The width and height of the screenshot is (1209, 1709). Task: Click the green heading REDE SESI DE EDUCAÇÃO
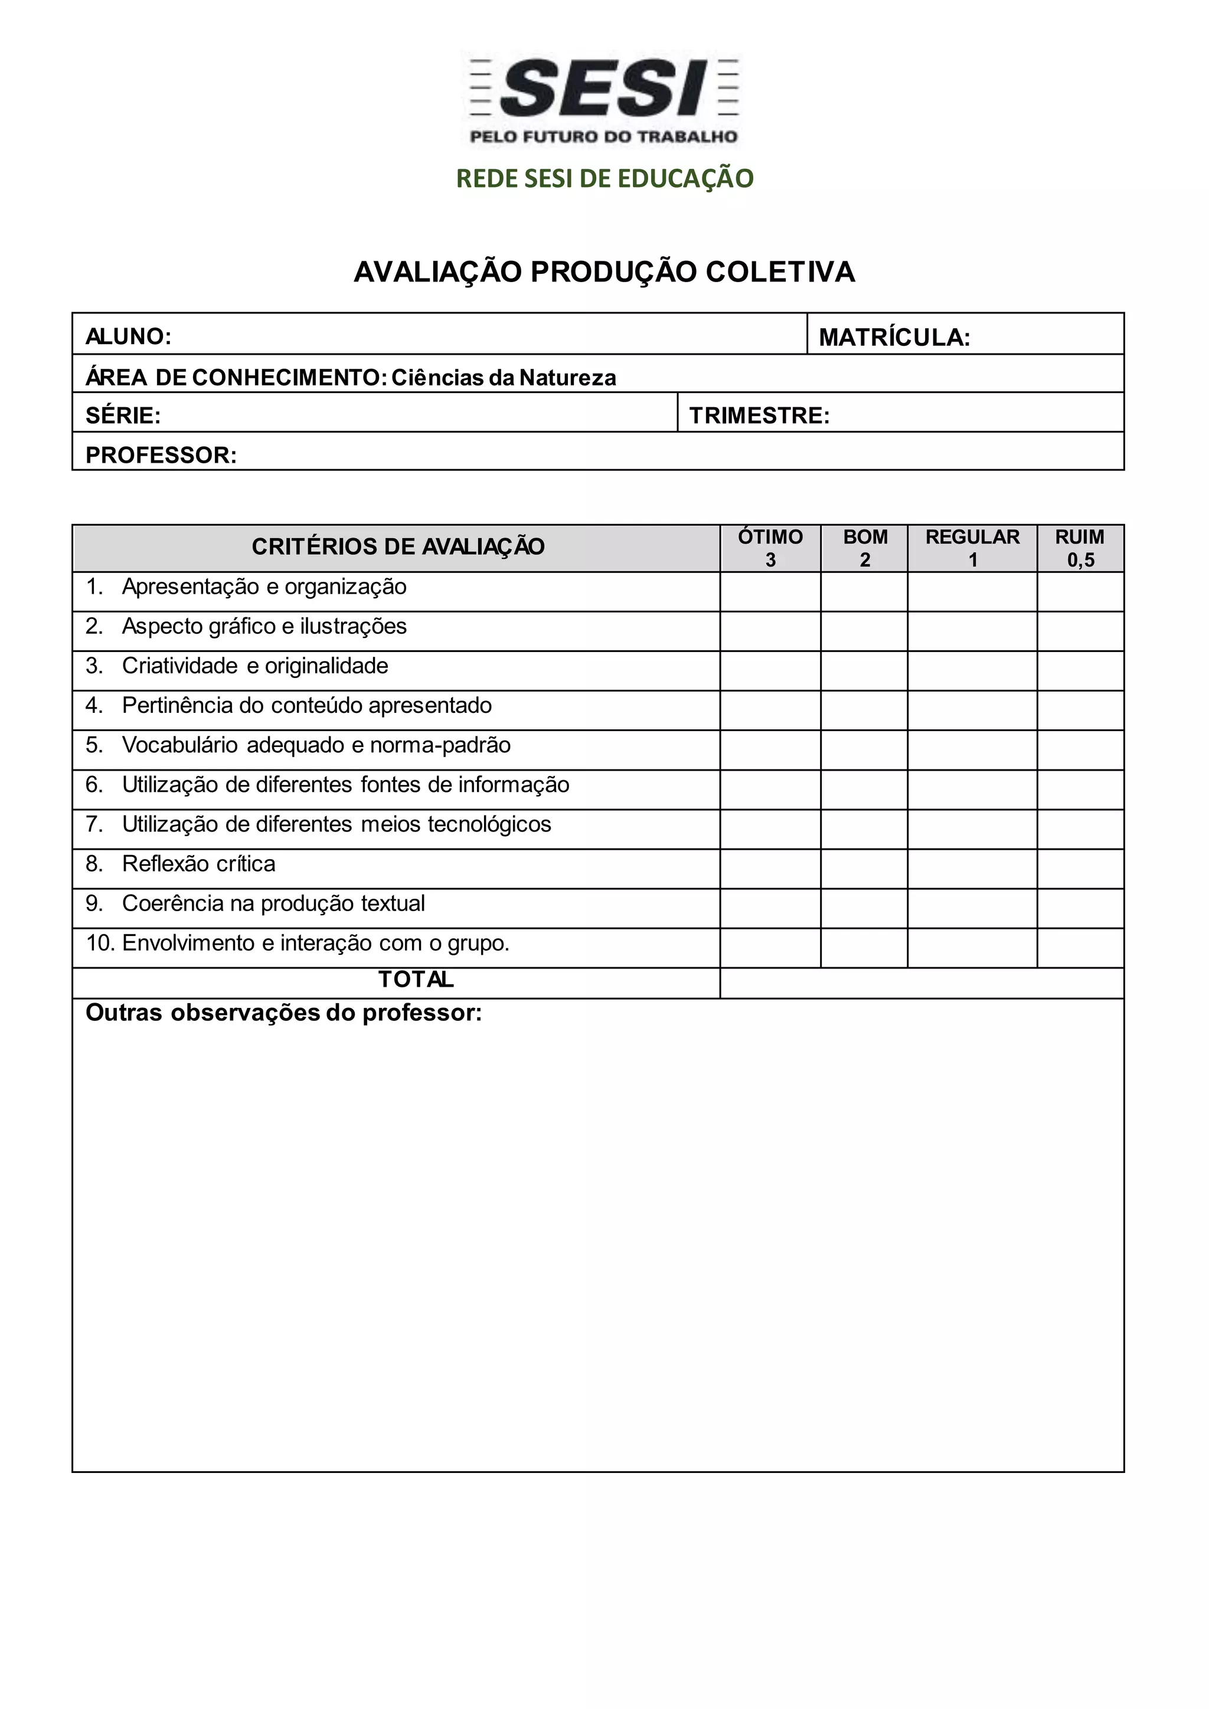604,179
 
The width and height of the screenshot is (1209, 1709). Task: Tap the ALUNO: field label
128,336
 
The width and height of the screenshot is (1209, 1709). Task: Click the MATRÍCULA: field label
894,338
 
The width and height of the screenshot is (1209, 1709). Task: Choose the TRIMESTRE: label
759,415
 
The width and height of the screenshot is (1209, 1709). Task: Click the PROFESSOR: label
161,455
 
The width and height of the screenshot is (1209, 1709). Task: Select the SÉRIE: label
123,415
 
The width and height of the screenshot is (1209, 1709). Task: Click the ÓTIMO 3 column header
770,548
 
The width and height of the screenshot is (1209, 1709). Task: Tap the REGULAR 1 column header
972,548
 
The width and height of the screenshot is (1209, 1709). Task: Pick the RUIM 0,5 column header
1080,548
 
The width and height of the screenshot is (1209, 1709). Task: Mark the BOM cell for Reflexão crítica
864,869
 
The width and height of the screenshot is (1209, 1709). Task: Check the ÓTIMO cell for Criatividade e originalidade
770,670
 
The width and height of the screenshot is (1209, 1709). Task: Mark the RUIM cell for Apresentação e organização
1080,592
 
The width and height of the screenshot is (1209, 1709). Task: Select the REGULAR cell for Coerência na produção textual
972,908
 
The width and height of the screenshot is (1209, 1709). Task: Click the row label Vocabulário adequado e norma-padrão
316,745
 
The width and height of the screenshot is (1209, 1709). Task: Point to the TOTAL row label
416,980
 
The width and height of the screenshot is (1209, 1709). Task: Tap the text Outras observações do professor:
283,1013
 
